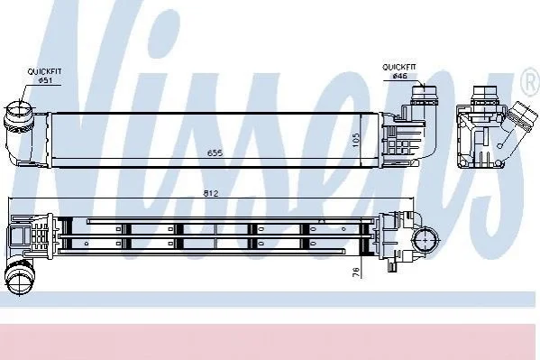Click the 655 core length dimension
(x=215, y=152)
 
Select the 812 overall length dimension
(x=210, y=193)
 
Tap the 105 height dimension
(x=356, y=141)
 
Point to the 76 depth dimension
(x=356, y=272)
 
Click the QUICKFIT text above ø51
(x=44, y=71)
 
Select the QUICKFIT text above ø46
(x=399, y=67)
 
